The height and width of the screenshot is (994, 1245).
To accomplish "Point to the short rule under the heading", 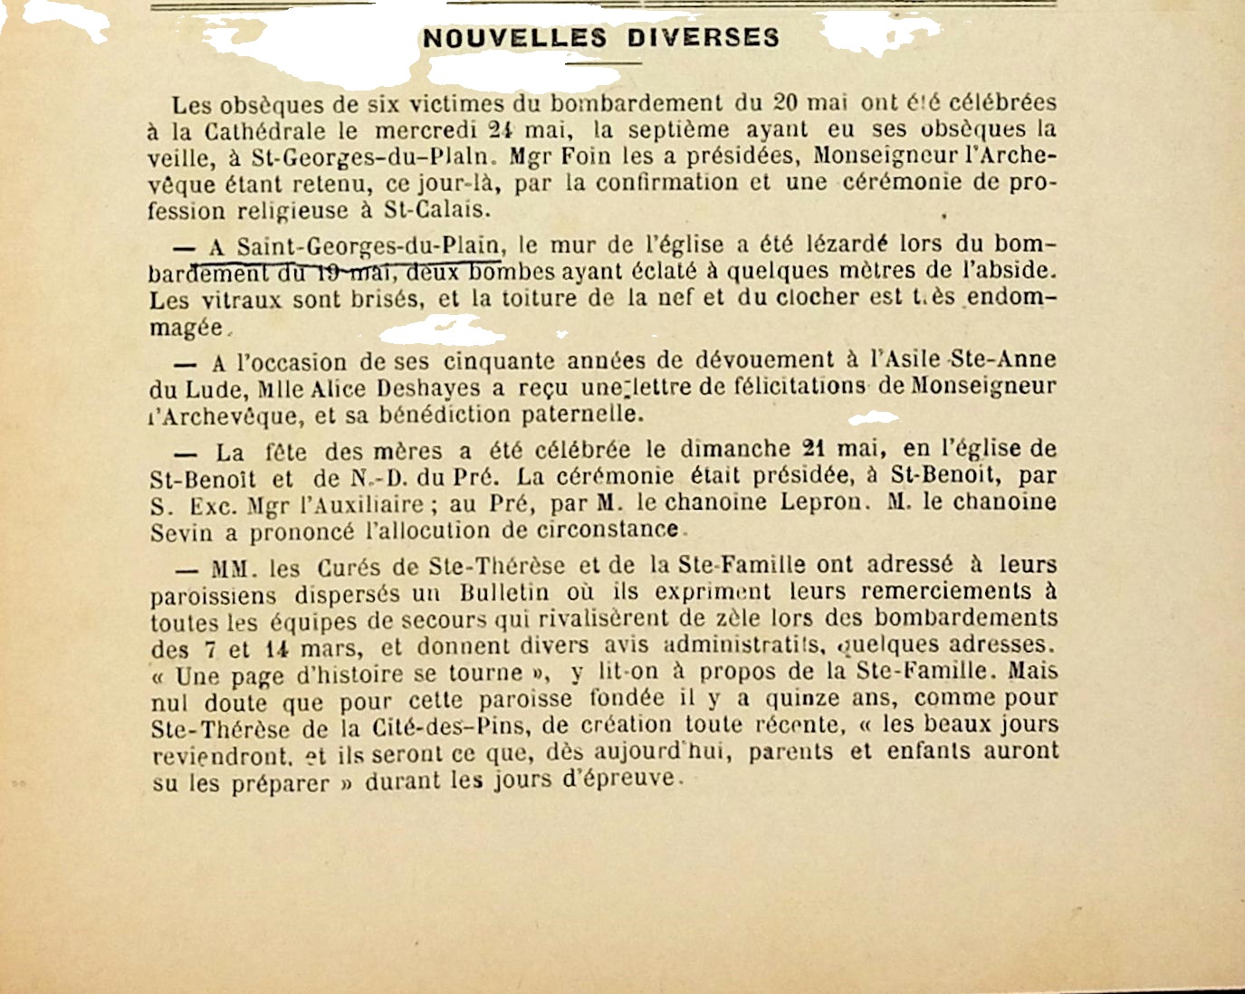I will click(603, 63).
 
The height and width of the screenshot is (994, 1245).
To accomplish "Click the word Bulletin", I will click(504, 593).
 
